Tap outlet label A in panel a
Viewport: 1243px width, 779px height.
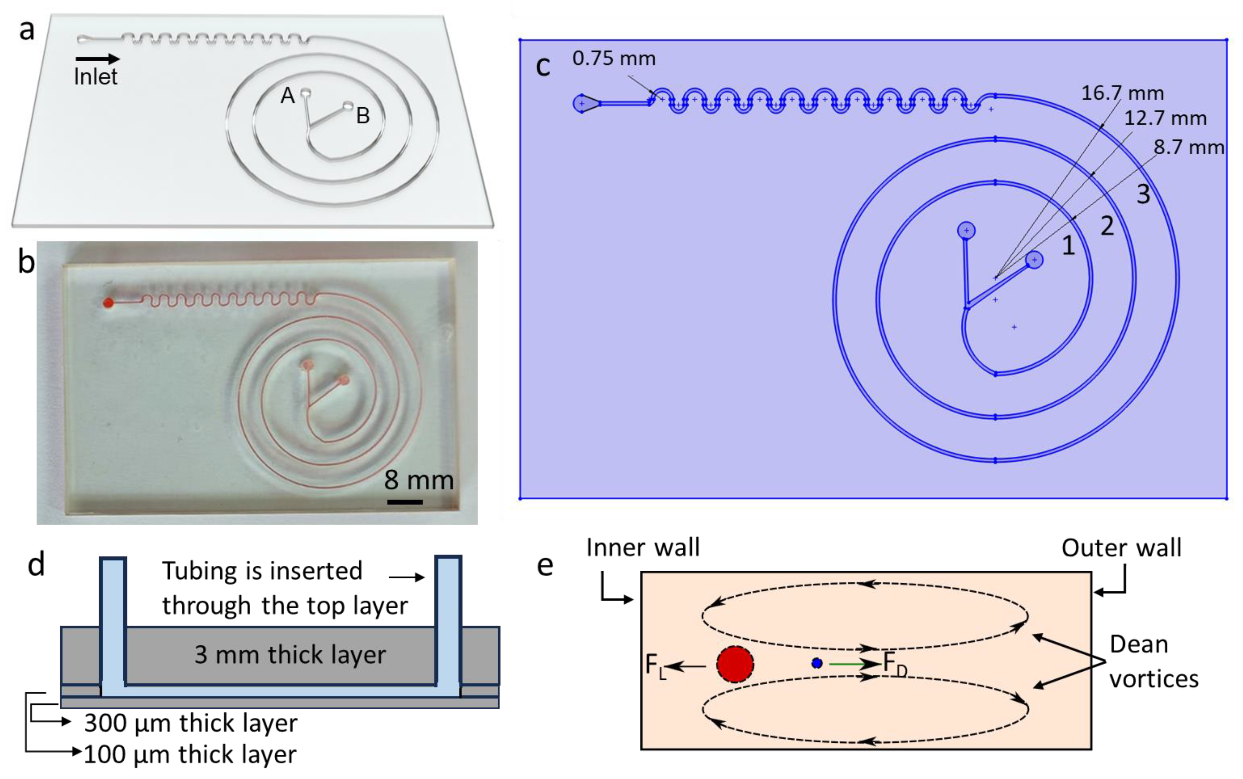287,96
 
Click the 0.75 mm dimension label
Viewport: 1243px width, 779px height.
614,59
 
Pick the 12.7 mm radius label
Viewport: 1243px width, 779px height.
1165,118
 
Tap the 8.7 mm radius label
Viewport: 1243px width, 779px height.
1188,147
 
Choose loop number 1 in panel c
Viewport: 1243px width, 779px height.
1068,246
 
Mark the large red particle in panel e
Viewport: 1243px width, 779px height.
735,664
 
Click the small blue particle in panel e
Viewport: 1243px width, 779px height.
817,663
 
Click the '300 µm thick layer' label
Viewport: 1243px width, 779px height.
191,723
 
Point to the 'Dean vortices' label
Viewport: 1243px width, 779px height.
1154,662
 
